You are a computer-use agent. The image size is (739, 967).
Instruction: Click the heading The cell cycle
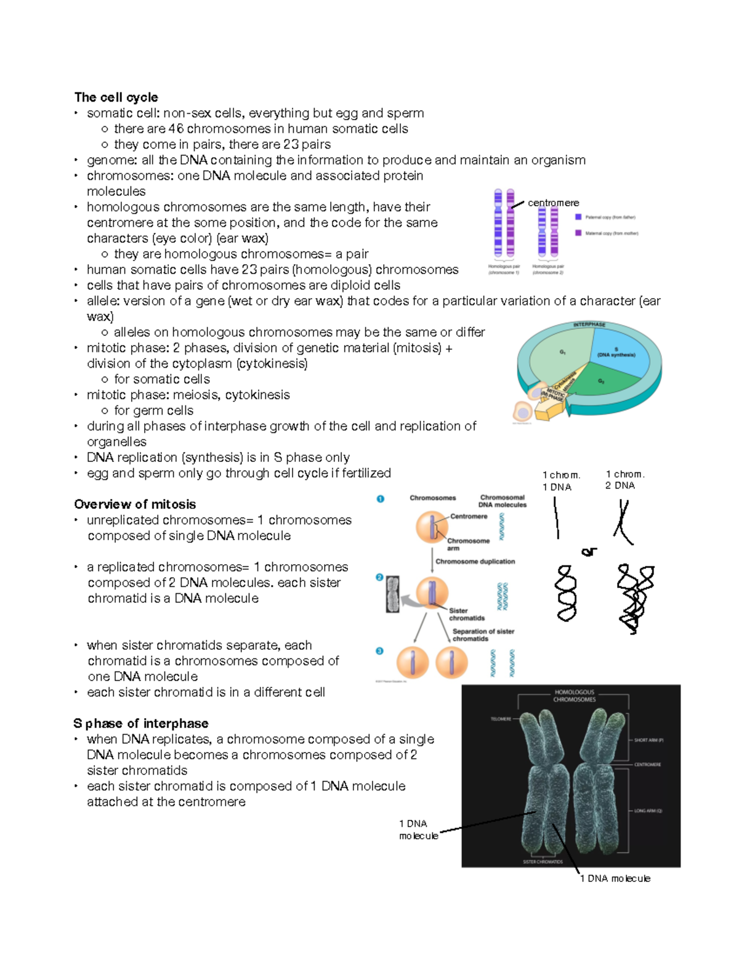(116, 97)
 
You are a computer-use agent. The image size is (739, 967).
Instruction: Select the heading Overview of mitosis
(135, 504)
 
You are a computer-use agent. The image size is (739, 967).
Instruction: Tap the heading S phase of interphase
(141, 724)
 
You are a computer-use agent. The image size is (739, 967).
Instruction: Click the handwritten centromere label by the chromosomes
(553, 203)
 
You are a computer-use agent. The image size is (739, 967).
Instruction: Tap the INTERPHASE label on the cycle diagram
(589, 325)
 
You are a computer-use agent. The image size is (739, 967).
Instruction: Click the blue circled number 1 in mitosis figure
(381, 499)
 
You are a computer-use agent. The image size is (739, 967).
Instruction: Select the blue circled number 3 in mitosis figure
(379, 651)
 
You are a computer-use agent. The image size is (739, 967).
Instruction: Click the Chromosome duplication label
(475, 562)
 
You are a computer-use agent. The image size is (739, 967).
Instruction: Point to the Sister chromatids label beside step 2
(466, 614)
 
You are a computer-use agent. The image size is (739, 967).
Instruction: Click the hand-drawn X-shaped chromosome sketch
(623, 522)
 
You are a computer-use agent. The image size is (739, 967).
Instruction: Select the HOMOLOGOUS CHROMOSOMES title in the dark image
(574, 696)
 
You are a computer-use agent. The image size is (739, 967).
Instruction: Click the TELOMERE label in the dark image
(501, 719)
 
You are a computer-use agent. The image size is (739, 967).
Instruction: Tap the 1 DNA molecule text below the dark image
(615, 878)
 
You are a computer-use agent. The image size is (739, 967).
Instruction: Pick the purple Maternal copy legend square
(578, 233)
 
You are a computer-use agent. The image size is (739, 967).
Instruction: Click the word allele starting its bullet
(102, 301)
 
